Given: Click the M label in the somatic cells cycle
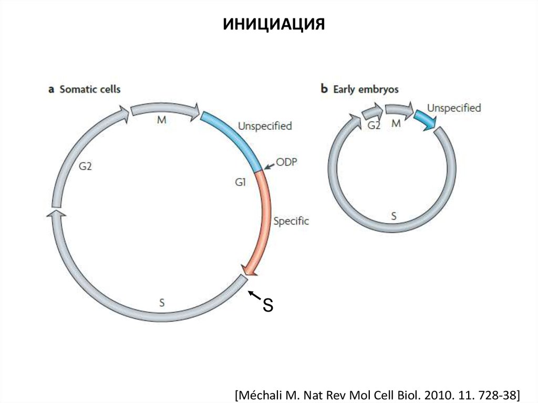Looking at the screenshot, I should point(161,120).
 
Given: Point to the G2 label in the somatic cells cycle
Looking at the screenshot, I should point(86,167).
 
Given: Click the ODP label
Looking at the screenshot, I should point(288,162).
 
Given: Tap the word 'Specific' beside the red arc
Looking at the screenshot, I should point(291,221).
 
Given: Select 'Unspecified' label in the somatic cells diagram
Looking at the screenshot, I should point(265,126).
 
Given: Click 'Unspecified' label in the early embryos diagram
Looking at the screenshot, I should point(454,108).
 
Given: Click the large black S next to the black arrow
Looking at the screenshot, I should point(268,305).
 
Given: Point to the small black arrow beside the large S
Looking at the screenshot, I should point(254,295).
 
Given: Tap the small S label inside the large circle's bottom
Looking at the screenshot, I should point(161,302).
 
